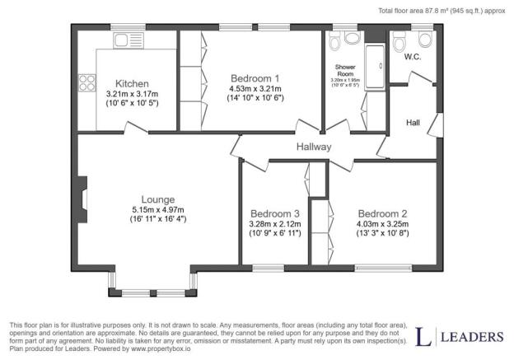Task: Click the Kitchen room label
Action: (132, 84)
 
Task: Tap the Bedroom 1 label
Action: (255, 78)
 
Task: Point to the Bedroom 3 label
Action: (276, 213)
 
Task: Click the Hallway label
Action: (314, 147)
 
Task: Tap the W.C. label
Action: (413, 58)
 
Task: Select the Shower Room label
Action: (344, 69)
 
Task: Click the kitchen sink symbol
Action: (128, 40)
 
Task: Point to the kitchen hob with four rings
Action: (86, 82)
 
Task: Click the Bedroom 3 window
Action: (269, 267)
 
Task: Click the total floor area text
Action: (441, 10)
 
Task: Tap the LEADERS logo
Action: (460, 336)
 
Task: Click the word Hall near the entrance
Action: (413, 123)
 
